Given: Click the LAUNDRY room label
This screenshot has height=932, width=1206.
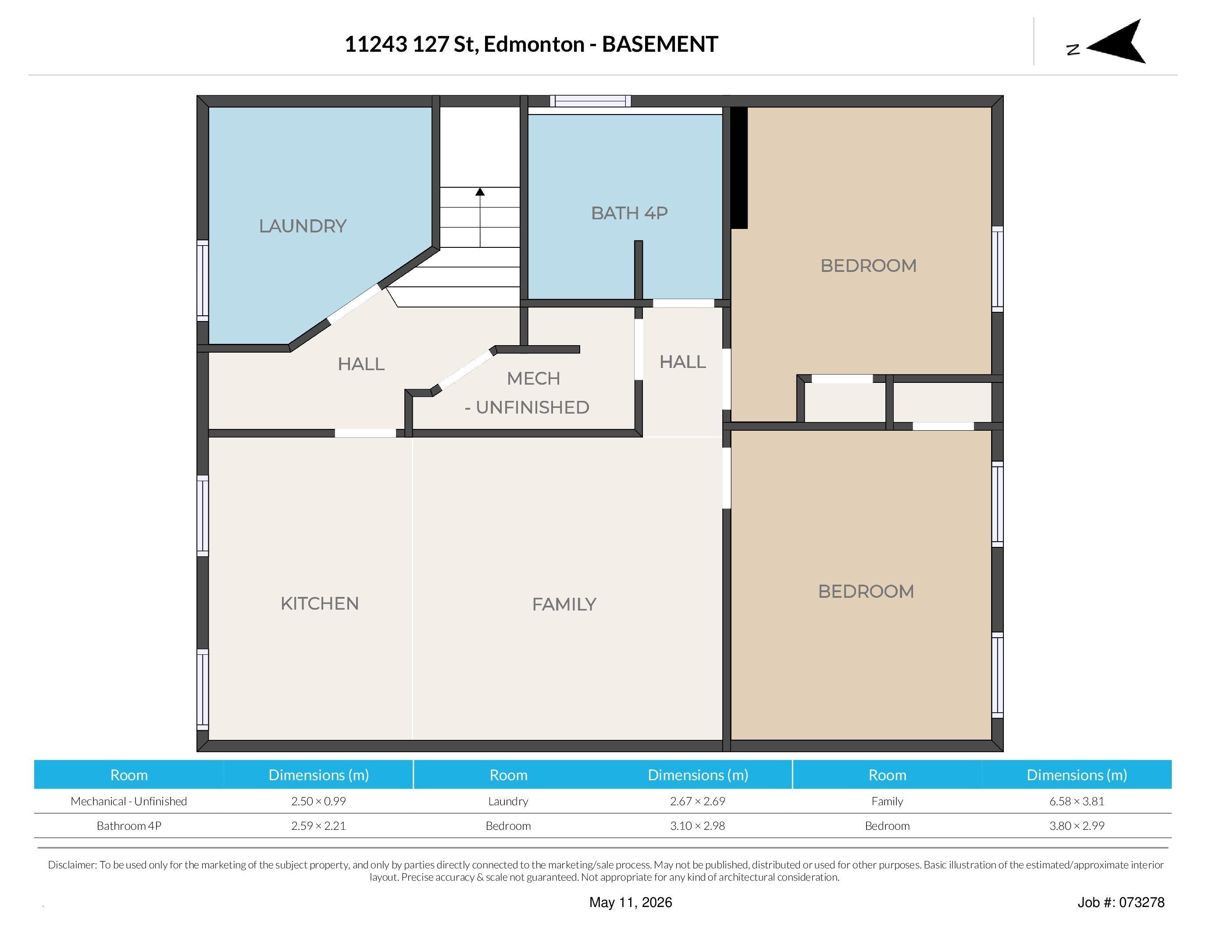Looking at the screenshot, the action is click(303, 226).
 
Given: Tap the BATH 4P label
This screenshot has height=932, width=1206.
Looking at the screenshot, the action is click(629, 213).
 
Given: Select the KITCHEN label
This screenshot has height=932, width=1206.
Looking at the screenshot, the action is click(320, 603).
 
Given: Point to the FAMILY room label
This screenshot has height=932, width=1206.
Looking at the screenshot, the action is click(564, 604).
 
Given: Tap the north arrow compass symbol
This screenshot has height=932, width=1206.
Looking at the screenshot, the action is click(1115, 41).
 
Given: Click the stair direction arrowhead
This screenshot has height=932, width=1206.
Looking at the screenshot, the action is click(480, 192).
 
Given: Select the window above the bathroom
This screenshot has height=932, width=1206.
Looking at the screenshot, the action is click(590, 101).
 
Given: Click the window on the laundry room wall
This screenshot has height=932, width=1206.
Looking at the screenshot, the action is click(203, 281).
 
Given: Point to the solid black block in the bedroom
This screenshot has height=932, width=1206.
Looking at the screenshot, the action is click(739, 168).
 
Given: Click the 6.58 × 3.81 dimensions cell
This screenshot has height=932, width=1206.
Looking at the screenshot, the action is click(1077, 801).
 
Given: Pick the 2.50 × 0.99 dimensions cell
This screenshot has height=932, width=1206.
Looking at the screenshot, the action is click(319, 801).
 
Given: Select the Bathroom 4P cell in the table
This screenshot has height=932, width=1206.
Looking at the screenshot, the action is click(128, 826).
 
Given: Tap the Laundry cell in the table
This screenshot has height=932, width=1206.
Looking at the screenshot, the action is click(508, 801).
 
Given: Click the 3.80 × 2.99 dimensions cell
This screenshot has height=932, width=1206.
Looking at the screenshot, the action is click(1077, 826).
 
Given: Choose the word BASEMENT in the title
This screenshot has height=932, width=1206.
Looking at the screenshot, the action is click(660, 44).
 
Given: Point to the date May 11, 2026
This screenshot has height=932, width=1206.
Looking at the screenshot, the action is click(631, 902).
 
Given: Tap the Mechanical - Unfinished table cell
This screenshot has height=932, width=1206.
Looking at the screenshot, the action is click(128, 801).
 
